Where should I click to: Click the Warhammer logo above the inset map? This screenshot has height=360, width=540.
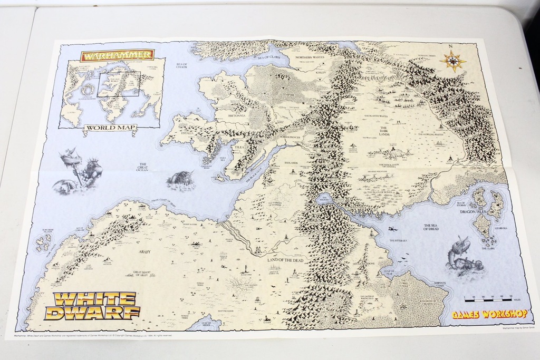pyautogui.click(x=117, y=54)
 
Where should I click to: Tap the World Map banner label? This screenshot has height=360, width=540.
pyautogui.click(x=111, y=128)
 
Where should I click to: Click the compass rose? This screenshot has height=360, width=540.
pyautogui.click(x=452, y=61)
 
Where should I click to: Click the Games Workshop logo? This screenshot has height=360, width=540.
pyautogui.click(x=489, y=314)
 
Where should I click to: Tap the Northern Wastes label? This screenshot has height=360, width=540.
pyautogui.click(x=310, y=57)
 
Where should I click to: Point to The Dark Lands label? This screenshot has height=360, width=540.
pyautogui.click(x=383, y=131)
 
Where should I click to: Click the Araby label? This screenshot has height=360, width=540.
pyautogui.click(x=144, y=251)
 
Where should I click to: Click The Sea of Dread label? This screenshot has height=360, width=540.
pyautogui.click(x=431, y=227)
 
